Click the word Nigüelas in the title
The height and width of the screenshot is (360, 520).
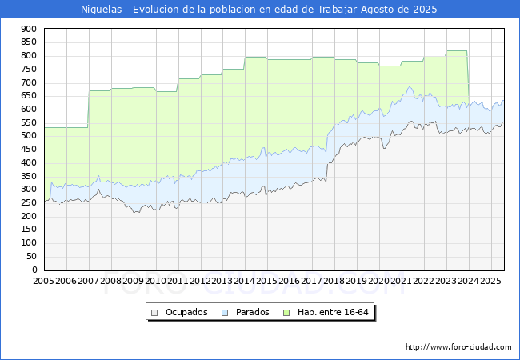pos(101,10)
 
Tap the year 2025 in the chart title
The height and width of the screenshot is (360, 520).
pos(425,10)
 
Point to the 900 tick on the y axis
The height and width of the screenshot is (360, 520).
pos(29,29)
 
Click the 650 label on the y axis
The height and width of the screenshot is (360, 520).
pos(29,96)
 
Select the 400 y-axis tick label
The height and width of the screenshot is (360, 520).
pos(29,162)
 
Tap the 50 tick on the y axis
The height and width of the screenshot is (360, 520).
pos(31,256)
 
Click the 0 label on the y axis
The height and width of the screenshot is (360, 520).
pos(34,270)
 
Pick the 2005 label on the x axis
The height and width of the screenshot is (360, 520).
pos(43,281)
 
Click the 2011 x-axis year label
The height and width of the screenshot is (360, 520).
pos(178,281)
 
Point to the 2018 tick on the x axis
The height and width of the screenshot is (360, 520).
pos(334,281)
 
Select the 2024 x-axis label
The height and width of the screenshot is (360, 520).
pos(468,281)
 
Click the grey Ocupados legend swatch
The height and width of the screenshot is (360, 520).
pos(154,313)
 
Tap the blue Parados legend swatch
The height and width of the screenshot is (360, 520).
pos(225,313)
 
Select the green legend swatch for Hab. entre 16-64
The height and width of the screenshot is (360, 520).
pos(286,313)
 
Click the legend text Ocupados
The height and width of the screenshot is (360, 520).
pos(186,312)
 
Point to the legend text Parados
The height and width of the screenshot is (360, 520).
pos(252,312)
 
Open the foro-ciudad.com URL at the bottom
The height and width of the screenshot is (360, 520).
pos(458,347)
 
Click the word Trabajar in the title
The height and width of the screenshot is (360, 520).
pos(338,10)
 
